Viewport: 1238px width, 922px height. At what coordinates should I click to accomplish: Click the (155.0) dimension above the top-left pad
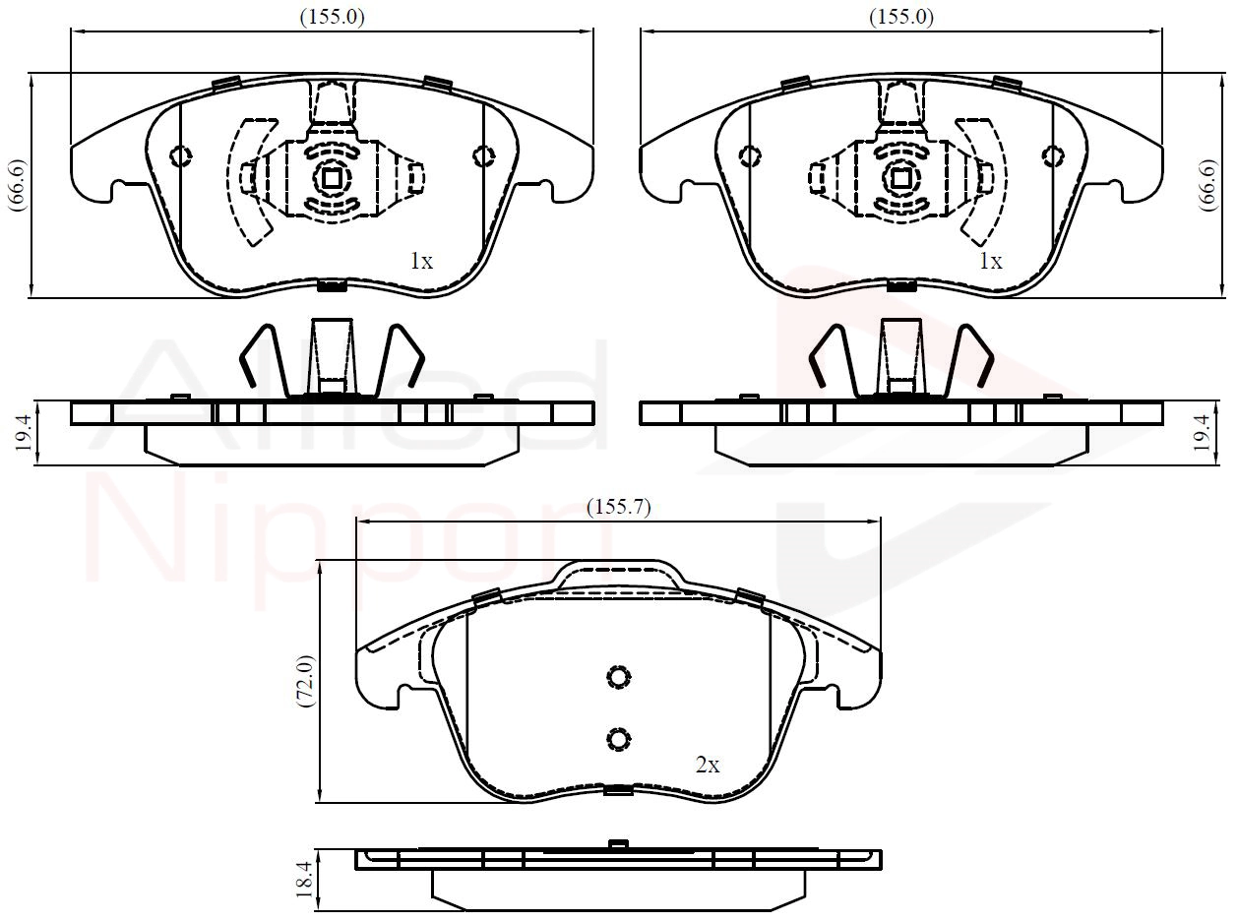pos(332,18)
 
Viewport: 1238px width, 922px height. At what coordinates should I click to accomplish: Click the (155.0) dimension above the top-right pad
pos(900,18)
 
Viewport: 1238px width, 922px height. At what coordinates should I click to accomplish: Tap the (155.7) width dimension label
pos(618,507)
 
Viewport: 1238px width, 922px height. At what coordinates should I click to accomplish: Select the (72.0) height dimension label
pos(305,681)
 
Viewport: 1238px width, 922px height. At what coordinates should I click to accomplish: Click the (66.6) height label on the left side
pos(17,185)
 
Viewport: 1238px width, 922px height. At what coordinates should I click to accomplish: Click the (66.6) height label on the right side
pos(1207,185)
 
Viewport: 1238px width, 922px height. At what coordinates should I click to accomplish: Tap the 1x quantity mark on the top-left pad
pos(421,261)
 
